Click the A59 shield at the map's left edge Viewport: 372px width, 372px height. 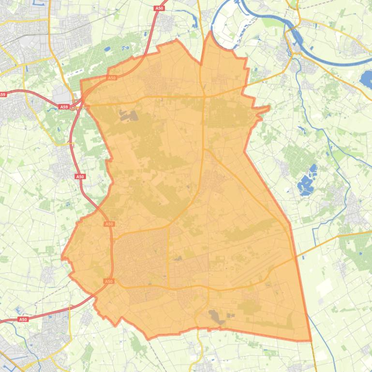[x=3, y=95]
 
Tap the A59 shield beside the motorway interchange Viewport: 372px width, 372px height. [x=64, y=107]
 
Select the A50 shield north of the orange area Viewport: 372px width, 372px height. [x=160, y=8]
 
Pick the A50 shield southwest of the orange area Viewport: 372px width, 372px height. [x=23, y=319]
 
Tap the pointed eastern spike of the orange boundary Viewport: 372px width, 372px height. [x=268, y=108]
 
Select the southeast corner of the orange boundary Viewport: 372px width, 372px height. [x=310, y=340]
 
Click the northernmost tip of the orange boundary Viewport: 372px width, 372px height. [x=210, y=32]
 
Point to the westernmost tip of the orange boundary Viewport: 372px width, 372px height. [x=62, y=257]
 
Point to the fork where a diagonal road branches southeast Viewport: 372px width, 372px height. [x=205, y=150]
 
